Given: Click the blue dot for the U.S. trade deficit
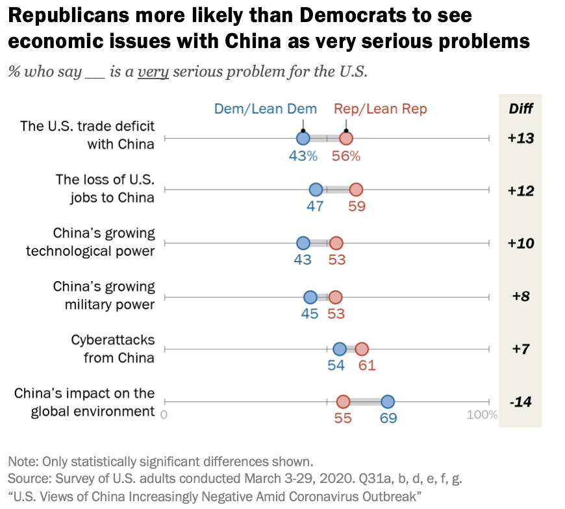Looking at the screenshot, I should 303,138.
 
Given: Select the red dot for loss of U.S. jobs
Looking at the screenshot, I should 355,190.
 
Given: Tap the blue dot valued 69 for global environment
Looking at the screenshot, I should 388,403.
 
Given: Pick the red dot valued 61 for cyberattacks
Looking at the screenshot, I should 362,349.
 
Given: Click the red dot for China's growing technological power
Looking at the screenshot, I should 336,243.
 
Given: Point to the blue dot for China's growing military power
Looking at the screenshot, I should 310,297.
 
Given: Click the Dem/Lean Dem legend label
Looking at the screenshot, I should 266,108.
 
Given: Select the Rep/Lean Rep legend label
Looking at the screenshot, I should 381,108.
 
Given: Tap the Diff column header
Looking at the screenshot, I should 520,108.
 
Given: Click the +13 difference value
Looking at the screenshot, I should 521,138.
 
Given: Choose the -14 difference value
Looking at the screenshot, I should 521,403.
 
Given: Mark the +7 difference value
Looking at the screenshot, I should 521,349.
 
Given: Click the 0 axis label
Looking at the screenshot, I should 164,415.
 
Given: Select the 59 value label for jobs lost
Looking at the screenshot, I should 357,207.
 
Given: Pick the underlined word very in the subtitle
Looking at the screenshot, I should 153,71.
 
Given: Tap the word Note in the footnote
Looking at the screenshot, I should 23,462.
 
